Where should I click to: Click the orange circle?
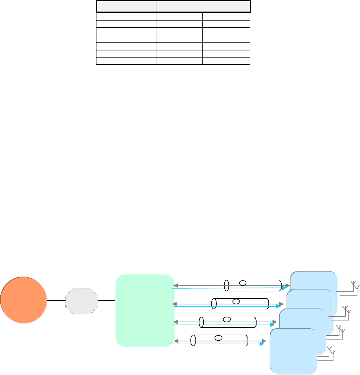tap(24, 300)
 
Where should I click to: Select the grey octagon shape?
tap(81, 300)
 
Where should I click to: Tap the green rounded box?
tap(145, 310)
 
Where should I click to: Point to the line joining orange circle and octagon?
tap(56, 300)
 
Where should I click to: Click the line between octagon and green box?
tap(107, 300)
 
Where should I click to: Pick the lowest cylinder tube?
tap(219, 340)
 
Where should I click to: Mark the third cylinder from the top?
tap(228, 322)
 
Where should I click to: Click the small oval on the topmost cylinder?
tap(243, 283)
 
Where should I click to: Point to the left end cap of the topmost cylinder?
tap(226, 285)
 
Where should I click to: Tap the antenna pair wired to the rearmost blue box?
tap(354, 286)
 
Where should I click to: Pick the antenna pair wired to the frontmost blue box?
tap(330, 352)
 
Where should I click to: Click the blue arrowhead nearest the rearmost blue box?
tap(284, 288)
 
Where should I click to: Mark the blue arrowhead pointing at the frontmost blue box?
tap(262, 344)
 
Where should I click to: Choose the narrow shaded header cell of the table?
tap(126, 7)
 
